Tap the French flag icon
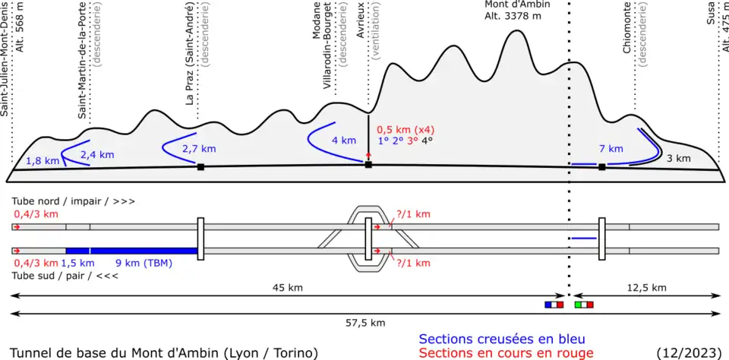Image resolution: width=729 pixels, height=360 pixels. click(554, 305)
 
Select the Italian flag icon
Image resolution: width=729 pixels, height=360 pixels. click(584, 305)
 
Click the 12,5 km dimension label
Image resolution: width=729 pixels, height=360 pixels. click(648, 287)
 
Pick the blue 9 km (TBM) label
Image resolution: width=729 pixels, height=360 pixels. click(144, 264)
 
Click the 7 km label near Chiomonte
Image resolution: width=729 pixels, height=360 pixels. click(611, 149)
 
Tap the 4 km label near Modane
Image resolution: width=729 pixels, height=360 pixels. click(343, 141)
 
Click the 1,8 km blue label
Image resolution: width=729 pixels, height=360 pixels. click(42, 161)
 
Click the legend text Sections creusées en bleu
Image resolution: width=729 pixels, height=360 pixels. click(502, 339)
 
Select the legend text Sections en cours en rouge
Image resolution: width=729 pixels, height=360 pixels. click(506, 352)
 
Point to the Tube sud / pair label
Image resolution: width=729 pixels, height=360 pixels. click(53, 275)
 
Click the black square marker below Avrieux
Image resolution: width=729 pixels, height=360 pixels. click(368, 164)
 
